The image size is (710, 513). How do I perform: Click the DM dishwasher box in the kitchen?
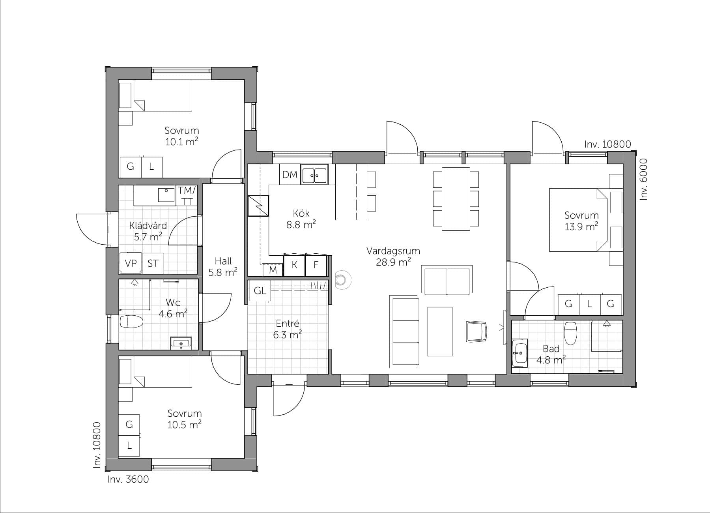[290, 174]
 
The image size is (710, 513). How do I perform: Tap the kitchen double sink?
[315, 174]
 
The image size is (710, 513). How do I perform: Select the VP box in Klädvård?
[131, 263]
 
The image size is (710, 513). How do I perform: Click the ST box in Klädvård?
[153, 263]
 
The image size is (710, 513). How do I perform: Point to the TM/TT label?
[187, 196]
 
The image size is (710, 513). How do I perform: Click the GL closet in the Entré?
[260, 291]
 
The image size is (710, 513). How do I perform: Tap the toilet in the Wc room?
[131, 322]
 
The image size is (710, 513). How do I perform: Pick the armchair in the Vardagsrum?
[476, 331]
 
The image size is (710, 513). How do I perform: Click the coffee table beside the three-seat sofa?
[440, 331]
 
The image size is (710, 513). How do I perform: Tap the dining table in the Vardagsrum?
[456, 198]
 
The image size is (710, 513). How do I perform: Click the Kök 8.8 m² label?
[301, 219]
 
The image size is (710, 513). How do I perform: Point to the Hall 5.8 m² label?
[223, 266]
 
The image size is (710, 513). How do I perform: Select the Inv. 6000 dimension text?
[643, 179]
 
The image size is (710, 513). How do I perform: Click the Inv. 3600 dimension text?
[128, 479]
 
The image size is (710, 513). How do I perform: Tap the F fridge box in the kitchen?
[316, 265]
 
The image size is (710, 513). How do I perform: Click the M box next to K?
[273, 270]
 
